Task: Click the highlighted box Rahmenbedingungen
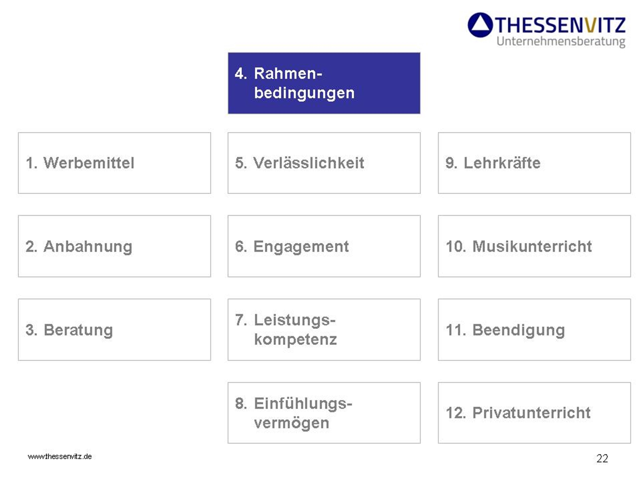pos(324,83)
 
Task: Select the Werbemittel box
pos(115,163)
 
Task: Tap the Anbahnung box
pos(115,246)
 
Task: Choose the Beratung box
pos(115,330)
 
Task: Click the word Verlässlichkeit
pos(308,163)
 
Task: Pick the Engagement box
pos(324,246)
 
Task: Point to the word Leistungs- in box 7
pos(294,320)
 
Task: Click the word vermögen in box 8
pos(291,423)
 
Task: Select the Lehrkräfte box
pos(534,163)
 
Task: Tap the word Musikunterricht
pos(532,247)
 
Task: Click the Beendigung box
pos(534,330)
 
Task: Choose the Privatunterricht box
pos(534,413)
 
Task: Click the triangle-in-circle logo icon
pos(480,25)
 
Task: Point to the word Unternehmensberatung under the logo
pos(561,42)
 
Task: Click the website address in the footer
pos(60,457)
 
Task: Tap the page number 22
pos(602,458)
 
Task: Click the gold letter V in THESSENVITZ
pos(590,25)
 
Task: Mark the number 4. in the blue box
pos(241,73)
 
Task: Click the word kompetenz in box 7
pos(295,340)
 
